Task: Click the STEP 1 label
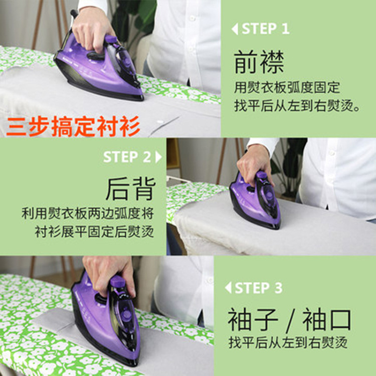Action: (x=266, y=29)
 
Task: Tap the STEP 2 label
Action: (x=127, y=157)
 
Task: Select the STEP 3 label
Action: (x=259, y=288)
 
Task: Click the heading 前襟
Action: (x=259, y=62)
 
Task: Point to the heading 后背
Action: (x=131, y=189)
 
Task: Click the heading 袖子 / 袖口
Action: (x=289, y=320)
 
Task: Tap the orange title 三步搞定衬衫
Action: (x=73, y=126)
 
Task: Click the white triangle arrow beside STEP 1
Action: (x=235, y=29)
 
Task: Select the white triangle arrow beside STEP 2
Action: (x=158, y=157)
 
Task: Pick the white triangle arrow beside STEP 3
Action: (x=228, y=288)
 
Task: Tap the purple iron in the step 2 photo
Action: (x=255, y=200)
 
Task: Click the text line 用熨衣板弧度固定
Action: (x=287, y=87)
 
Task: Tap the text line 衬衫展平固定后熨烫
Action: (x=94, y=232)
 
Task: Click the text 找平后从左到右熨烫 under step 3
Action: (x=288, y=342)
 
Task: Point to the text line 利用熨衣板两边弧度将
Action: (x=88, y=213)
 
